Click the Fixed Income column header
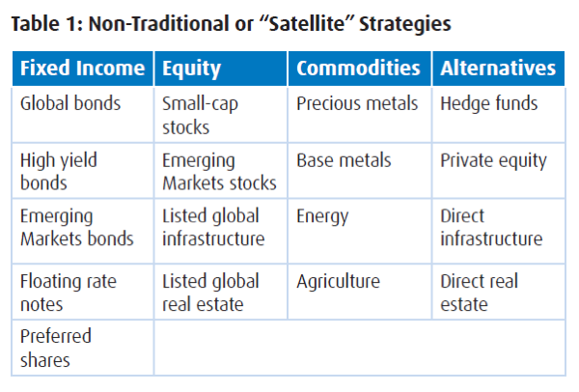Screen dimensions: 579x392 pos(82,69)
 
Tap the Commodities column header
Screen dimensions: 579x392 pos(358,69)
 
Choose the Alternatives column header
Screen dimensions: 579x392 pos(498,69)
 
